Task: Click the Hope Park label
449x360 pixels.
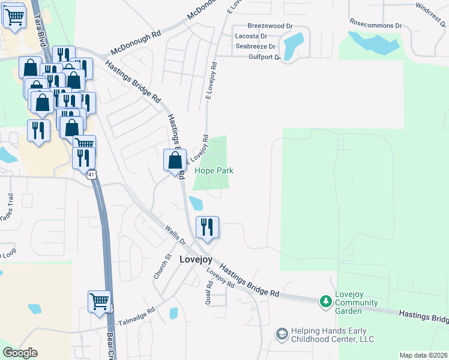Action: point(214,171)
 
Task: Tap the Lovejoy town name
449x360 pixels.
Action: point(196,259)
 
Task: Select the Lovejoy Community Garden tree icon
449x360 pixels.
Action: point(325,301)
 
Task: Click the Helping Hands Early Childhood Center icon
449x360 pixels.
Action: point(281,333)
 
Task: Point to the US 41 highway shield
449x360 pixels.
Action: point(90,175)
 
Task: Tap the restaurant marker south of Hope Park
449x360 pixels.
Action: point(207,227)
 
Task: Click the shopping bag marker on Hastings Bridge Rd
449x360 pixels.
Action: point(175,160)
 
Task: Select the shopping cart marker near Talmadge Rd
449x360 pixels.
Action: point(100,301)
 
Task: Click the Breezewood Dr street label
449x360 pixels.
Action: point(270,26)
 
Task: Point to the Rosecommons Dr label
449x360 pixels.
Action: point(376,26)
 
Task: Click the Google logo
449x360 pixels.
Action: point(20,353)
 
